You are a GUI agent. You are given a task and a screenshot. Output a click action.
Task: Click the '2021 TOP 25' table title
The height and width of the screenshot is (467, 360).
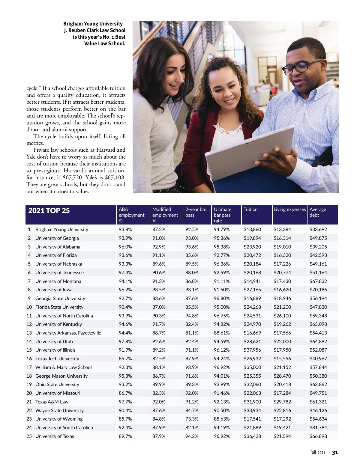click(49, 211)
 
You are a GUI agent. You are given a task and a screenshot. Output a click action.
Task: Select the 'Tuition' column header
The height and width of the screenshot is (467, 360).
click(250, 210)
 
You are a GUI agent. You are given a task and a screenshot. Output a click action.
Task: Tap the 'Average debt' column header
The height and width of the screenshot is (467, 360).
click(318, 212)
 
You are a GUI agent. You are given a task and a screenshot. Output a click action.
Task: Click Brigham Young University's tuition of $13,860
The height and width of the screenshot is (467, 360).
click(252, 230)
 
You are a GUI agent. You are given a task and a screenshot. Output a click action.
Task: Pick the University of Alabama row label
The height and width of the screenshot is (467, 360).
click(58, 247)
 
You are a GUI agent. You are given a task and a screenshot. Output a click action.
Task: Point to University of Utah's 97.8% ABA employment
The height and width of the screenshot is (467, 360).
click(125, 342)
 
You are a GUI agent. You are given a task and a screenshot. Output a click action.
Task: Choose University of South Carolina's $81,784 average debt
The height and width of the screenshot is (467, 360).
click(318, 428)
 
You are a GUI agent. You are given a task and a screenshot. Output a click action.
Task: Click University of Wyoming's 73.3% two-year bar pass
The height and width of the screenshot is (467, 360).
click(192, 419)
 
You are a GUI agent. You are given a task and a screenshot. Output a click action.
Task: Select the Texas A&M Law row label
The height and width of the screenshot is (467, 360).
click(52, 402)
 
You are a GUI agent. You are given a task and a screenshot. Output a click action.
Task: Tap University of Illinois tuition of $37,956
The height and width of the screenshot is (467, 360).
click(252, 350)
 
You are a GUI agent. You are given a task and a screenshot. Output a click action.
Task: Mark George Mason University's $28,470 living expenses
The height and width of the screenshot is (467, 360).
click(282, 376)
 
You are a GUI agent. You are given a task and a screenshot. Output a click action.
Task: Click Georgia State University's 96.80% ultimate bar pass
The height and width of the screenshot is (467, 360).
click(222, 299)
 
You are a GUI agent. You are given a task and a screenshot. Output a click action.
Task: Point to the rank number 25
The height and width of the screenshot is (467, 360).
click(29, 436)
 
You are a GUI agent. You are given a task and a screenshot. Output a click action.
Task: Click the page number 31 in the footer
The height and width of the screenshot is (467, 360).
click(335, 453)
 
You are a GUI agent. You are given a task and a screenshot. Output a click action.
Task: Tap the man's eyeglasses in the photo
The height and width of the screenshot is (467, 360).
click(300, 67)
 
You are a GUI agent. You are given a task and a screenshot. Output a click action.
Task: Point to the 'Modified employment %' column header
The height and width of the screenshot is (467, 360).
click(165, 215)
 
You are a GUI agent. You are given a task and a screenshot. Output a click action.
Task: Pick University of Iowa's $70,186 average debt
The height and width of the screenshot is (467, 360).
click(318, 290)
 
